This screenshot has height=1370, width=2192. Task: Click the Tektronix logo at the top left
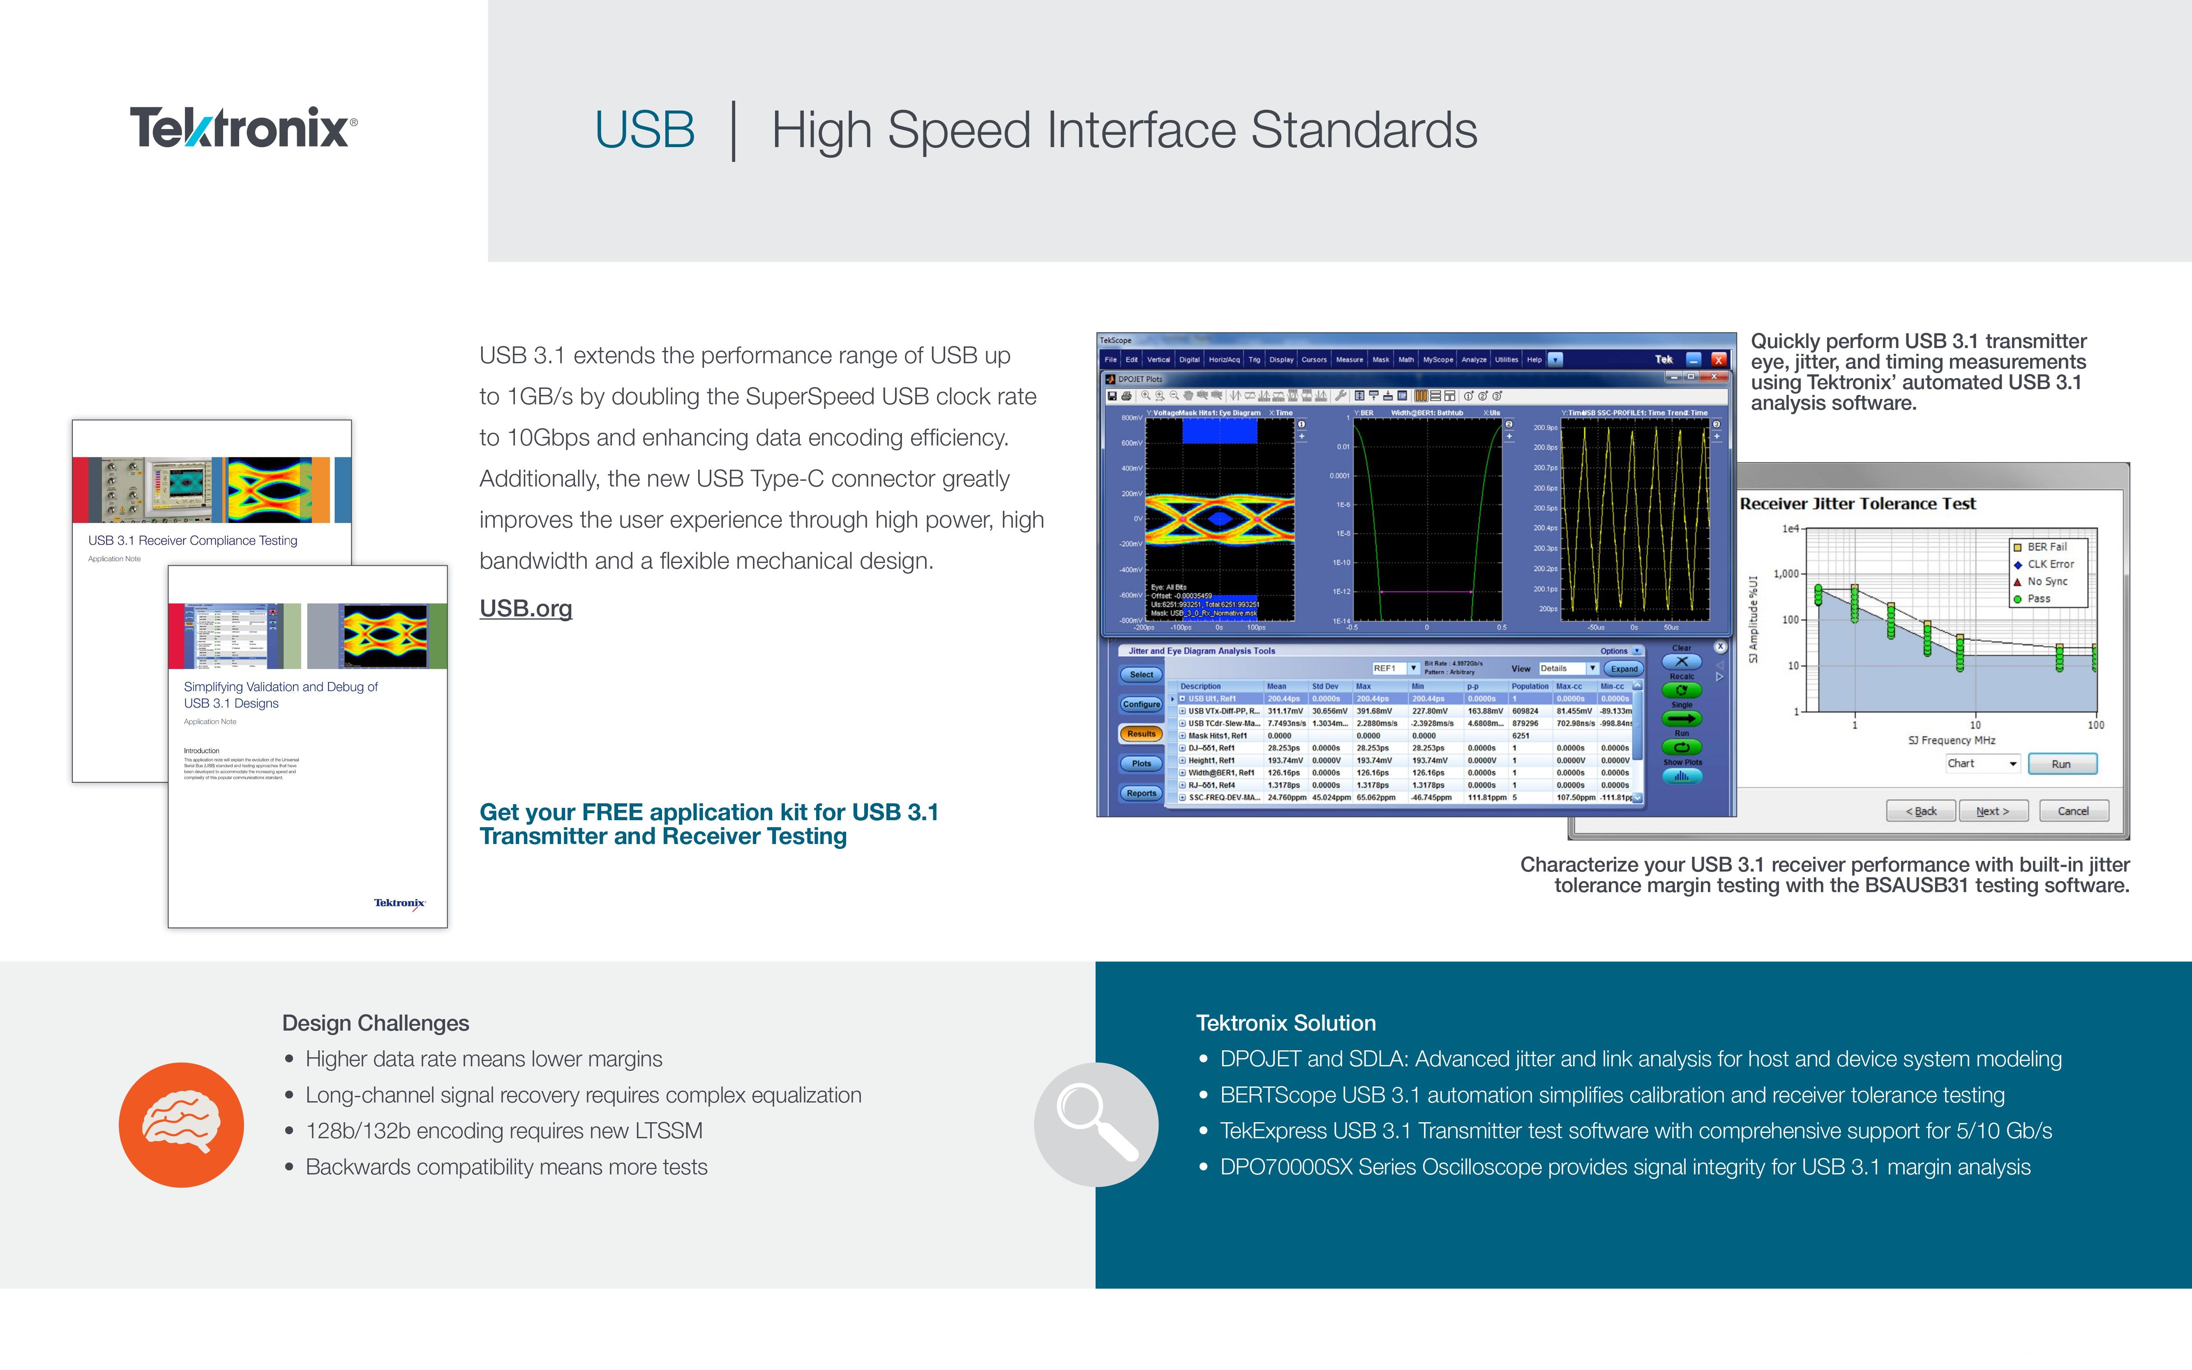(243, 128)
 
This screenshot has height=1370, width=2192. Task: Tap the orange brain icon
(181, 1124)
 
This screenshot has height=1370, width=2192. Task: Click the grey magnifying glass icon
(1096, 1124)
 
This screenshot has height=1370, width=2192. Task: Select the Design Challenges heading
(375, 1023)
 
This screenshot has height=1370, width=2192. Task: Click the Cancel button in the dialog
(2072, 811)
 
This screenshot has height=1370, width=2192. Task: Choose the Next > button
(1992, 811)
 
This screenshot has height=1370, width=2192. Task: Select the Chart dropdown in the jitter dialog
(1982, 764)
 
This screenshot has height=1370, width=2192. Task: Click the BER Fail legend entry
(2045, 547)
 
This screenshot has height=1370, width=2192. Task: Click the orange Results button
(1141, 734)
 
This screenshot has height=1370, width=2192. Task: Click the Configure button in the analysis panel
(1141, 704)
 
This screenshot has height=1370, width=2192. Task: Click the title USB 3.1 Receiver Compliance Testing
(192, 541)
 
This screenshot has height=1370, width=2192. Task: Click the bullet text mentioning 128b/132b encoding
(504, 1131)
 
